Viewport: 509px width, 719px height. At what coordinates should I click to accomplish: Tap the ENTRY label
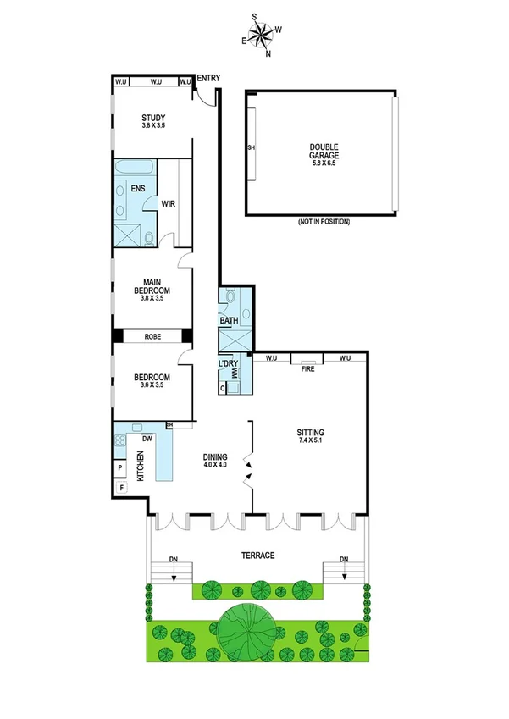(x=208, y=79)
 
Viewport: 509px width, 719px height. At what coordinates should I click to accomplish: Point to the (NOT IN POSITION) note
(x=323, y=222)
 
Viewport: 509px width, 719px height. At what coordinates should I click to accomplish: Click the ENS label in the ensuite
(x=137, y=188)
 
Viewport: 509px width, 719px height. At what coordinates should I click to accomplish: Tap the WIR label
(x=168, y=203)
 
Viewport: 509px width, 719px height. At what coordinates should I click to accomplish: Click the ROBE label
(x=152, y=337)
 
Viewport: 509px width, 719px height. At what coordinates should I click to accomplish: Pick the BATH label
(x=230, y=321)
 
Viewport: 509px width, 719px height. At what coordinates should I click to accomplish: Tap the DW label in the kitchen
(x=147, y=439)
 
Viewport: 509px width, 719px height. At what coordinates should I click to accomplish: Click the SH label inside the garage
(x=251, y=147)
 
